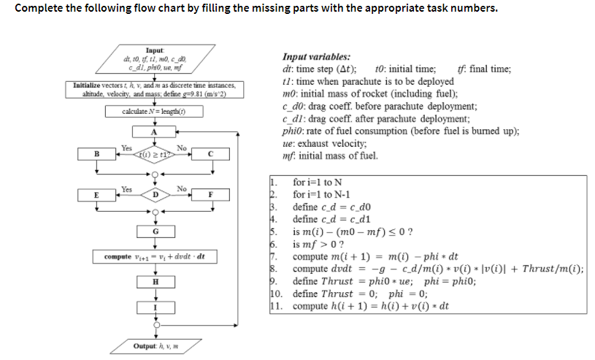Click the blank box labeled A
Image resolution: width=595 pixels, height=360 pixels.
click(154, 132)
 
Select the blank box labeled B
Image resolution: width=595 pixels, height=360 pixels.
click(96, 153)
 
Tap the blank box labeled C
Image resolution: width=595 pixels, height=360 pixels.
click(210, 153)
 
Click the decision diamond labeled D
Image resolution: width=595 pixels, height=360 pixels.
click(154, 195)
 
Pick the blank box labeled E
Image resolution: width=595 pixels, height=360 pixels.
click(96, 195)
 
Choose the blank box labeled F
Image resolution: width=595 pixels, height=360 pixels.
click(210, 195)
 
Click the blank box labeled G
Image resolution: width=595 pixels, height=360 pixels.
click(154, 231)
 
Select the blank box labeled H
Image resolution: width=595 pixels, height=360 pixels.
click(154, 282)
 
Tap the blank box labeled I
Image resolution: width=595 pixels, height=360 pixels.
click(154, 308)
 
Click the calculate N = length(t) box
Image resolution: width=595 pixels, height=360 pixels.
click(154, 112)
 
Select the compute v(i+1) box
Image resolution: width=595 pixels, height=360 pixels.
click(154, 257)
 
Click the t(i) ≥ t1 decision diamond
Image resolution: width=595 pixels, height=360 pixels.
click(154, 153)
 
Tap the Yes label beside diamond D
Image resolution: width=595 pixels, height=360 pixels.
click(126, 189)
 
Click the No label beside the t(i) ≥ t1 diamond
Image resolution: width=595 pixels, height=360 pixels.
click(181, 148)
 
